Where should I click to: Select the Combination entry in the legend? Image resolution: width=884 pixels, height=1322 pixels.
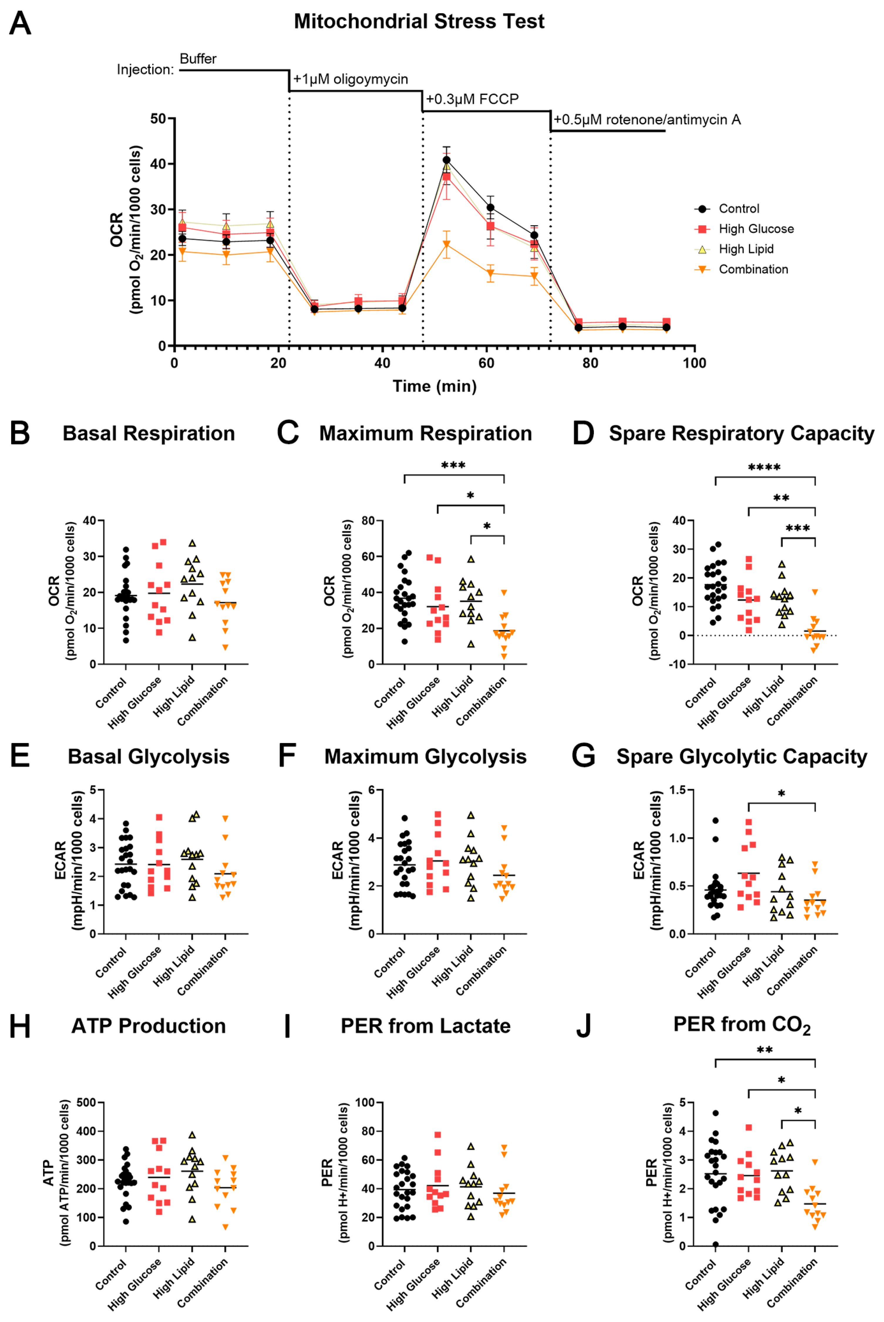(753, 270)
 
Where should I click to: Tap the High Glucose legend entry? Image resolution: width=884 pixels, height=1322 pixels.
(755, 229)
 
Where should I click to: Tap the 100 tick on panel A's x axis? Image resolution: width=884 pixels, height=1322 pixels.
(694, 363)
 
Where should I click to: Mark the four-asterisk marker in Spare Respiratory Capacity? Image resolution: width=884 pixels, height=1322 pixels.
(764, 467)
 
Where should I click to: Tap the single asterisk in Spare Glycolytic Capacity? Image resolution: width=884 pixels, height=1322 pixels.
(782, 794)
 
